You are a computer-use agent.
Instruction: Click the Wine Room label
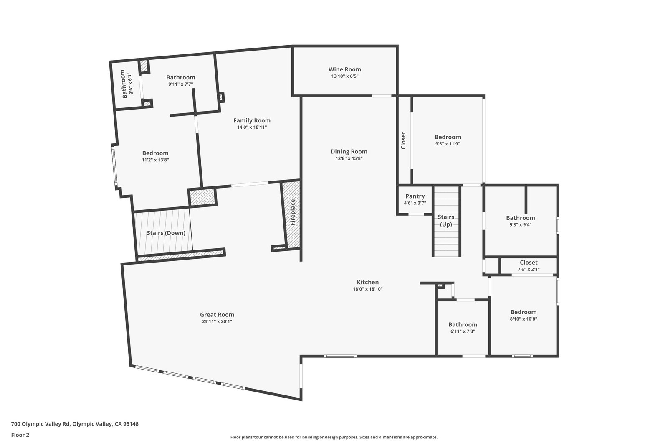point(345,69)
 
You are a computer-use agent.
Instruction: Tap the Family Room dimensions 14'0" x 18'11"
point(252,127)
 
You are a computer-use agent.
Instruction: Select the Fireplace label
point(293,212)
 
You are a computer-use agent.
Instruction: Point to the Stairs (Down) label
point(166,233)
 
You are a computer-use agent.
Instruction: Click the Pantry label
point(415,196)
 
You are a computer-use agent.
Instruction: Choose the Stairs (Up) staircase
point(446,221)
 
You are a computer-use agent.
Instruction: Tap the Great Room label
point(217,315)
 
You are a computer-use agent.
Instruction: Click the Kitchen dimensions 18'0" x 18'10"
point(368,289)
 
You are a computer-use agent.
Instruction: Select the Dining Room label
point(349,152)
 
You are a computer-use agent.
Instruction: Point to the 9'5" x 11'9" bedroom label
point(448,137)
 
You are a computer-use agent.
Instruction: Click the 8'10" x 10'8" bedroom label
point(524,312)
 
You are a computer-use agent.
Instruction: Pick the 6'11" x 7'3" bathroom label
point(463,324)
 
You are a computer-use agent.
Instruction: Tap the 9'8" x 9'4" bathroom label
point(521,218)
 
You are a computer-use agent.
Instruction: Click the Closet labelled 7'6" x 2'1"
point(529,263)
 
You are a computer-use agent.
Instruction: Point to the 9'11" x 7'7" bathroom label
point(181,78)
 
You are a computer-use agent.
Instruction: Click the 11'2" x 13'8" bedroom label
point(155,153)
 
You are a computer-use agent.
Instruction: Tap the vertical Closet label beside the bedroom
point(403,140)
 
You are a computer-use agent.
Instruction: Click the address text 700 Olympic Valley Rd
point(40,424)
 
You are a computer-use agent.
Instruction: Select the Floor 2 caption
point(20,435)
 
